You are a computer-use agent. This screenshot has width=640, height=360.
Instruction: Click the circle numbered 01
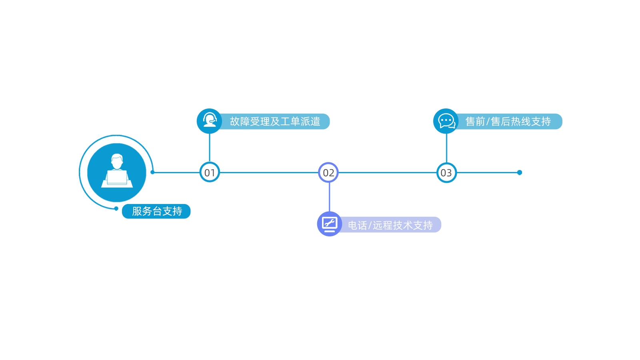click(210, 172)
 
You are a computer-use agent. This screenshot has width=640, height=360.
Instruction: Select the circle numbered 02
click(328, 172)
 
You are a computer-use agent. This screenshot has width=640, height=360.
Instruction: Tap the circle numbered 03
click(446, 172)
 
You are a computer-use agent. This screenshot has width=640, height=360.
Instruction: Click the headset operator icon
click(210, 120)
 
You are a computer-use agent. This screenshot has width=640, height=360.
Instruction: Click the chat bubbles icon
click(446, 121)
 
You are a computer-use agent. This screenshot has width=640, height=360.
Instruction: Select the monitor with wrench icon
click(330, 224)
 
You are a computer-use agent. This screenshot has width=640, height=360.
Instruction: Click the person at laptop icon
click(117, 171)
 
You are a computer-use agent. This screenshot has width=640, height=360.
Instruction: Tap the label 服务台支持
click(157, 211)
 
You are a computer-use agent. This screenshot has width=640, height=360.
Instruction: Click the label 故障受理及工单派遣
click(275, 122)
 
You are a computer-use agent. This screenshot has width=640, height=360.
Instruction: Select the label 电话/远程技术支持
click(390, 225)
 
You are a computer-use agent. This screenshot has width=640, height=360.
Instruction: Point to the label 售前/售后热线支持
click(508, 122)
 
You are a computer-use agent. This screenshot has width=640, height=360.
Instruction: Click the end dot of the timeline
click(519, 172)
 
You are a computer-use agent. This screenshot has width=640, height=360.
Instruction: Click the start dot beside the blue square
click(152, 172)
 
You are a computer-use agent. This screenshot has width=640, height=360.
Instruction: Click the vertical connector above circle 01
click(209, 148)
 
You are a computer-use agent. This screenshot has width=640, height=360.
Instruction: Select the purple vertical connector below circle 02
click(329, 197)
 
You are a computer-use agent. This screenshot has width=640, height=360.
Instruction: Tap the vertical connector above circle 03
click(446, 148)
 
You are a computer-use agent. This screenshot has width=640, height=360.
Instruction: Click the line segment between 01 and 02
click(269, 172)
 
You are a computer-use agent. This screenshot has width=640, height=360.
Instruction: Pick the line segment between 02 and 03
click(387, 172)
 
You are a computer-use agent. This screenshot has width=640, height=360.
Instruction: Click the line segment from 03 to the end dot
click(486, 172)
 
